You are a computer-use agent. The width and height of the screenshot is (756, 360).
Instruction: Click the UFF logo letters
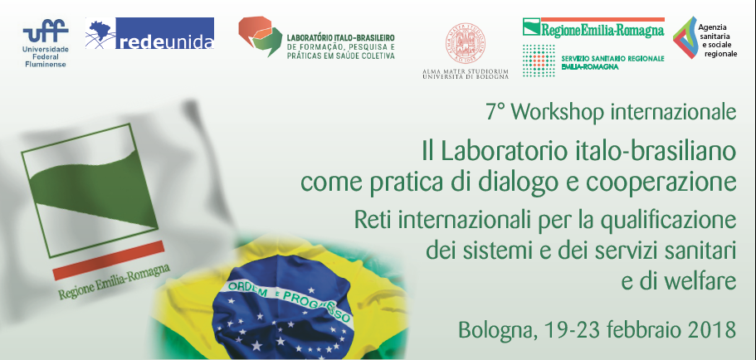point(45,32)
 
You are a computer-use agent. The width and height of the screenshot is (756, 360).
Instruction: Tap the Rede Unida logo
point(150,36)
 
